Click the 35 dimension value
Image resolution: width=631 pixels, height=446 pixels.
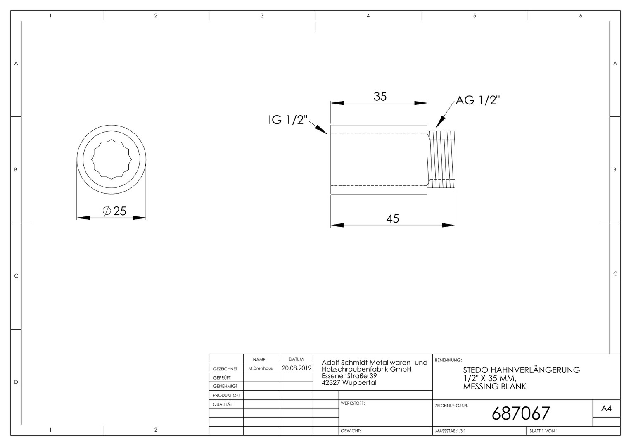coord(380,97)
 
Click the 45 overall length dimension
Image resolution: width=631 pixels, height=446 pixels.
coord(393,218)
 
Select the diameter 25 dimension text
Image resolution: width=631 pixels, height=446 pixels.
coord(114,211)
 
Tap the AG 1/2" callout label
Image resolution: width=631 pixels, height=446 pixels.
coord(478,100)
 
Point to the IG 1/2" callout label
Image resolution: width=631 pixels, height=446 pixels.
coord(287,120)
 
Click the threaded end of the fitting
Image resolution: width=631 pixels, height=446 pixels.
coord(441,159)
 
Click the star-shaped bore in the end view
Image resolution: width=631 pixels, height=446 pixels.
coord(111,159)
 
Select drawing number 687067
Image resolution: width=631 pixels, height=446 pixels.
coord(521,413)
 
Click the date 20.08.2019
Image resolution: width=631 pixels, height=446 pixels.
coord(297,368)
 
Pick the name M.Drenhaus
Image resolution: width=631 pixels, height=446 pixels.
coord(261,368)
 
